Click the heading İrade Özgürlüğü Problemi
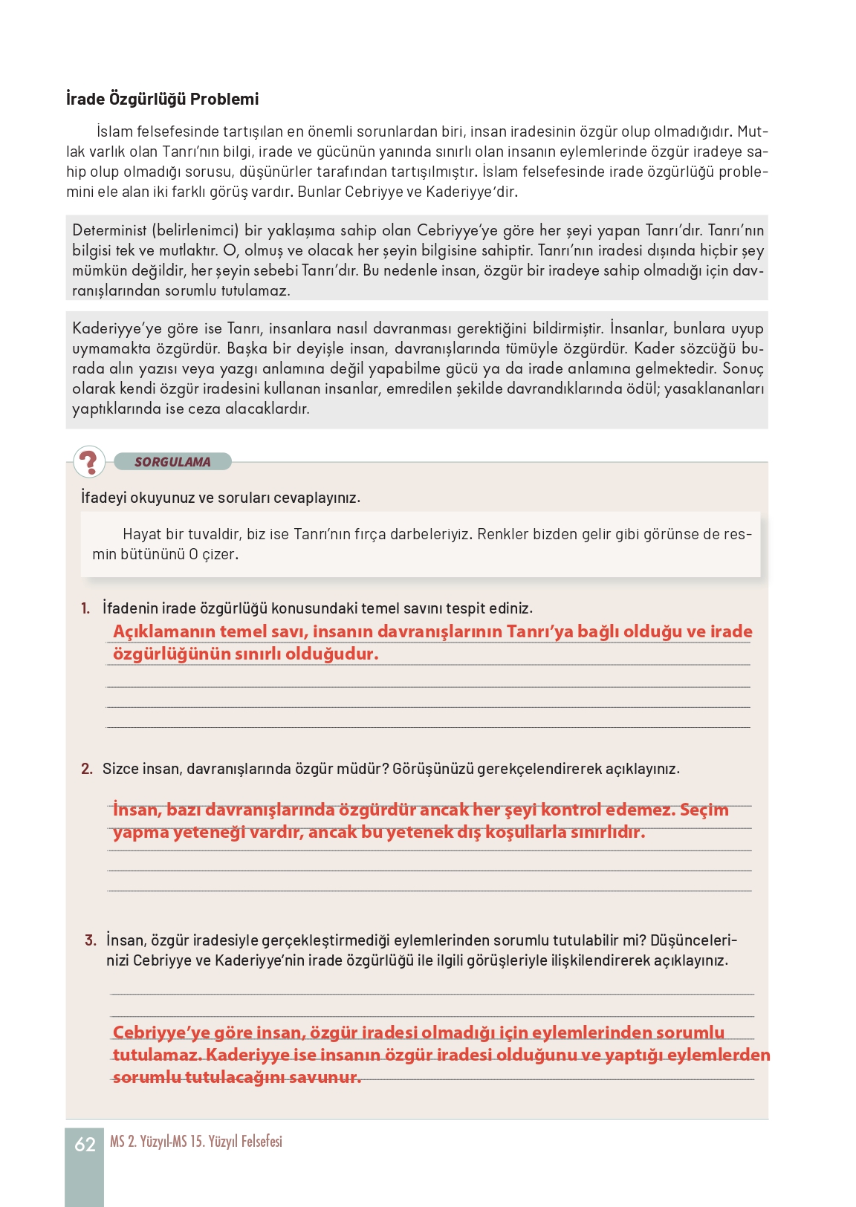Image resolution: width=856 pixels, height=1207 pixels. [162, 99]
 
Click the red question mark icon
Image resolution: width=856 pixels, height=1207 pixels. [89, 462]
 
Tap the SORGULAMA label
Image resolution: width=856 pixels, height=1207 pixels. [172, 462]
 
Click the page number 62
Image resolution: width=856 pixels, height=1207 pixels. [85, 1145]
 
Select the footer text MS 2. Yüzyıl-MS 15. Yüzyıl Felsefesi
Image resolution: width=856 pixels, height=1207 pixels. [196, 1142]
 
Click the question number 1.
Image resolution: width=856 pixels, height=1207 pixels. [85, 608]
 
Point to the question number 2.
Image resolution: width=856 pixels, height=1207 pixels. [87, 769]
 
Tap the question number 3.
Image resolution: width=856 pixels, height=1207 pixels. [91, 940]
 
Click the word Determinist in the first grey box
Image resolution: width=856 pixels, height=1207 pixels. [109, 230]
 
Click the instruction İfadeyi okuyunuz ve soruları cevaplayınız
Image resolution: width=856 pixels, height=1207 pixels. [220, 498]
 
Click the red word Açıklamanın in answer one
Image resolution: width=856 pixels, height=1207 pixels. [163, 631]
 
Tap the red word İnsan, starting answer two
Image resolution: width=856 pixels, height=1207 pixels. [137, 810]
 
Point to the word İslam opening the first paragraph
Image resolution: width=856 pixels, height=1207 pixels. [114, 131]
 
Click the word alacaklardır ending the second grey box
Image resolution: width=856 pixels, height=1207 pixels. [267, 409]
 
